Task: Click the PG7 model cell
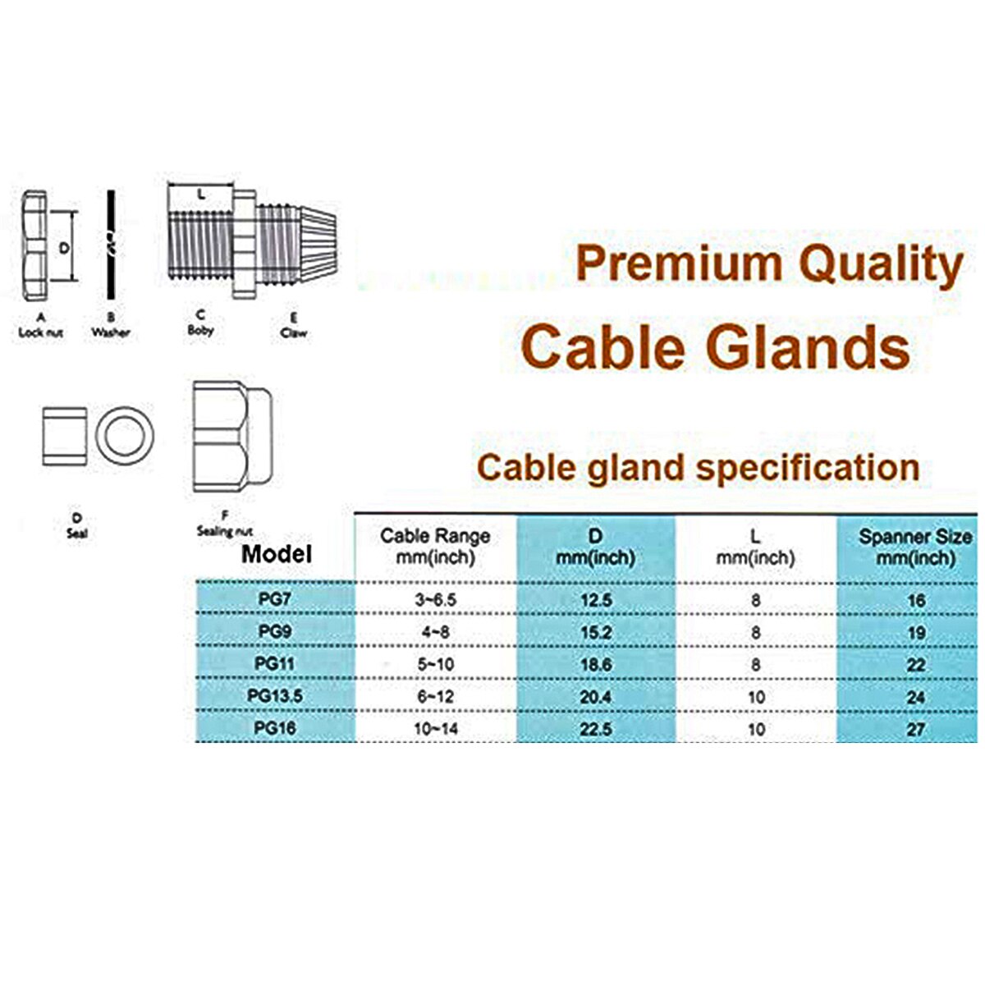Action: (x=274, y=598)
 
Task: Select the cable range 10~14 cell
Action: (x=436, y=729)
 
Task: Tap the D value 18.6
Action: (x=596, y=665)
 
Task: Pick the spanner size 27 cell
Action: (x=916, y=729)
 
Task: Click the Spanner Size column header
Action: (x=915, y=547)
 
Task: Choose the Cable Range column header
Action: (x=435, y=547)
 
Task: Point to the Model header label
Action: (x=277, y=554)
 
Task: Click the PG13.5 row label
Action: (x=275, y=696)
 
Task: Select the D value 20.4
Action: (x=596, y=697)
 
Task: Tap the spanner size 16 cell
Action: (x=916, y=600)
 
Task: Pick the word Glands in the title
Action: (x=809, y=346)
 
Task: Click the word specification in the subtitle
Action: (x=808, y=468)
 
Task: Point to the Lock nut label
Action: (x=41, y=332)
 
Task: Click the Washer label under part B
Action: (x=110, y=332)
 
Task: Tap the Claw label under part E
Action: (x=294, y=333)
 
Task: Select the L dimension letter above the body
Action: (x=200, y=195)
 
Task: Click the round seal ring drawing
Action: (x=126, y=435)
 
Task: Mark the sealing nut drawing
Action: (x=233, y=436)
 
